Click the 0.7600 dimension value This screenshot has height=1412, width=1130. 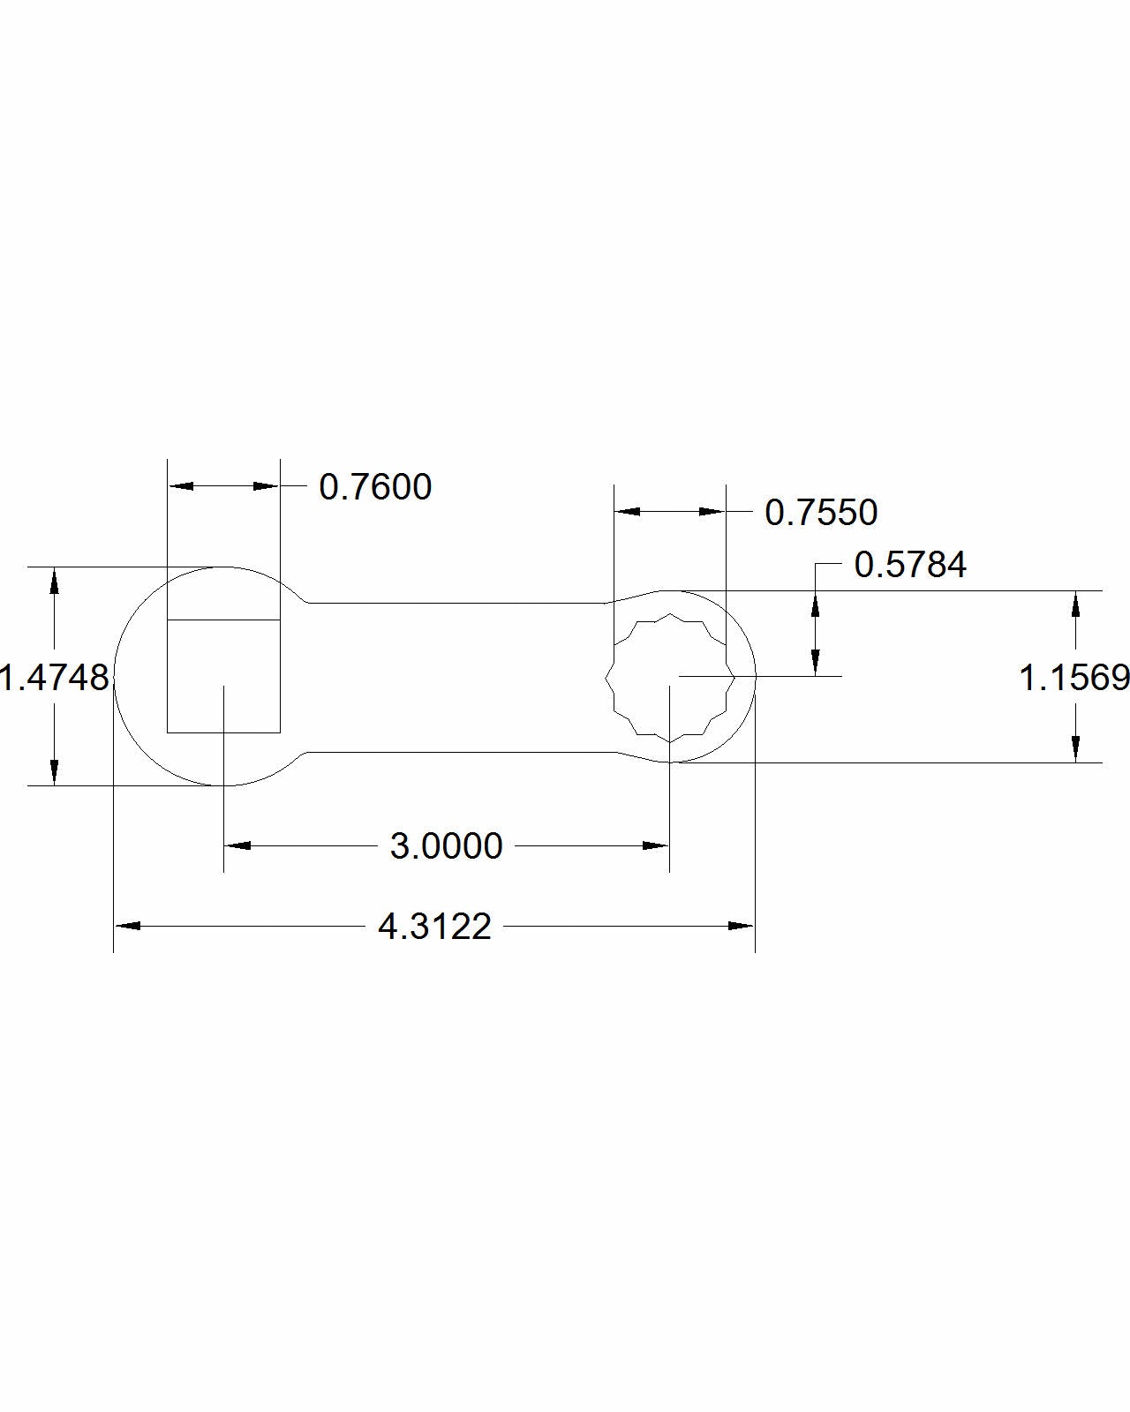click(375, 487)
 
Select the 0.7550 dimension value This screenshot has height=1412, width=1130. click(821, 513)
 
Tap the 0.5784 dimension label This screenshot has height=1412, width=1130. click(910, 564)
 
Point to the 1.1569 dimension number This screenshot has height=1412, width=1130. click(1074, 678)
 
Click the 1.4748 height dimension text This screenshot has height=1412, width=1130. click(54, 678)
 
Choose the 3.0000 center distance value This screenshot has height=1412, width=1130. click(447, 845)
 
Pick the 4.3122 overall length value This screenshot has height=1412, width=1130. click(434, 927)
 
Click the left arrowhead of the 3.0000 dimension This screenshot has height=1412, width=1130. click(237, 845)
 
